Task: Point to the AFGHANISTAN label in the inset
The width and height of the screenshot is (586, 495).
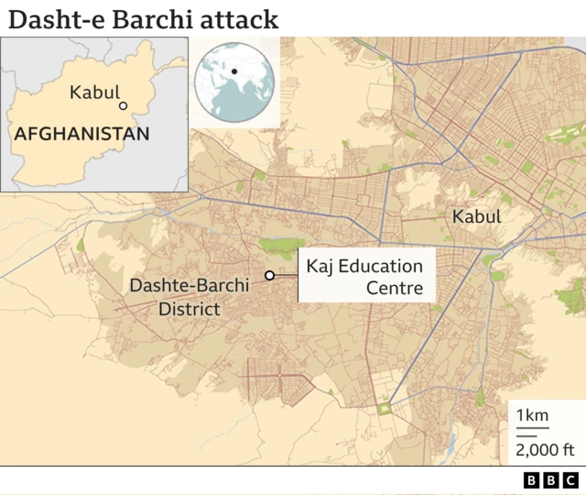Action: (81, 134)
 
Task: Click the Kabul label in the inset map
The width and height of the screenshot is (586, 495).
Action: (94, 93)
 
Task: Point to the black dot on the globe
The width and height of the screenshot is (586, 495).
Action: (234, 71)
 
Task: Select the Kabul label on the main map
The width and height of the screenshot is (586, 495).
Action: (476, 217)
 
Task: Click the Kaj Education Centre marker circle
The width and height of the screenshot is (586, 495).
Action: (269, 275)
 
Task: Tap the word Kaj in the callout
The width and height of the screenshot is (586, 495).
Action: (320, 267)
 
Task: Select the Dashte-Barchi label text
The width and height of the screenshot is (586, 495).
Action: (189, 286)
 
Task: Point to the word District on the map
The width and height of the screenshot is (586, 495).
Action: (189, 309)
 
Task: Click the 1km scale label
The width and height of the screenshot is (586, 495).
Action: (532, 416)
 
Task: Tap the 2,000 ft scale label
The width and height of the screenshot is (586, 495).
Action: (544, 449)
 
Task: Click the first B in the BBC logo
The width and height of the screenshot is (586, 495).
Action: (532, 480)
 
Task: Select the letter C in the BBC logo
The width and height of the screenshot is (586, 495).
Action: (570, 480)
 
